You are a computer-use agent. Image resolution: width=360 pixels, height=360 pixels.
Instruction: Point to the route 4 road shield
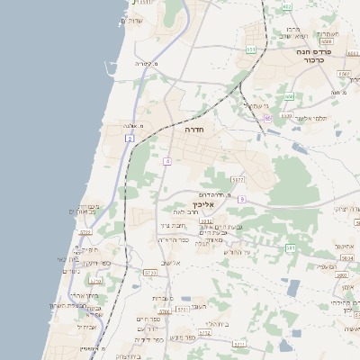166,162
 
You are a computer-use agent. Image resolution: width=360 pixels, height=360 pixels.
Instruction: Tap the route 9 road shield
242,199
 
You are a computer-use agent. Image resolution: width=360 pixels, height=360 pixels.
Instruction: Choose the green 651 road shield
251,49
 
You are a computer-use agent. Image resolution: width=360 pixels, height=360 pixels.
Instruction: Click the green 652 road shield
290,95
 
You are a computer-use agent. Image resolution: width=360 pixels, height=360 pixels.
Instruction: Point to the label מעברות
163,298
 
